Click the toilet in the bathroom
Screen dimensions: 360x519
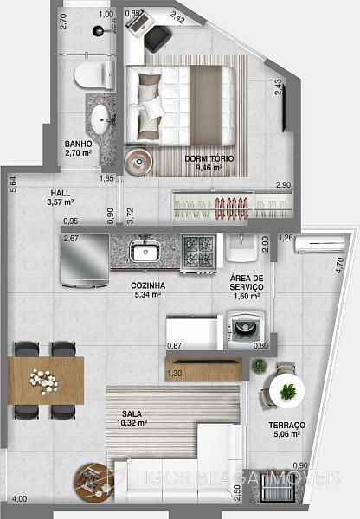(x=94, y=74)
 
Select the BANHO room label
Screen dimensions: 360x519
(x=78, y=144)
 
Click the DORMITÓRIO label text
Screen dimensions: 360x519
(x=209, y=158)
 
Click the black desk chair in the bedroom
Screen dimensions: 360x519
(x=157, y=39)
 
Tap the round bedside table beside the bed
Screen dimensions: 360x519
(x=138, y=162)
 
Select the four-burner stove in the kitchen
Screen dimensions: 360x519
(x=198, y=253)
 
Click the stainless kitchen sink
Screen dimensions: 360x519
(x=145, y=251)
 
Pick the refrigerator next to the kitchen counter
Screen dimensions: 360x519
(x=85, y=259)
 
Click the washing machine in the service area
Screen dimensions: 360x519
(x=246, y=329)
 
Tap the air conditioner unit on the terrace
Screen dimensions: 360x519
(x=320, y=245)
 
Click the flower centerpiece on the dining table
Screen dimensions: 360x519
(x=44, y=381)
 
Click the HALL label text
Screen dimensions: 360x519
(x=61, y=193)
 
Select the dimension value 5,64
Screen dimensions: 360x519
(x=13, y=184)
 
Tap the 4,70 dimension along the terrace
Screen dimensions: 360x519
(x=340, y=266)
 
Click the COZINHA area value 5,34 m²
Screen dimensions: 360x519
(x=148, y=294)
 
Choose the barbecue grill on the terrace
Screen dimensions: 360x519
(x=277, y=488)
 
